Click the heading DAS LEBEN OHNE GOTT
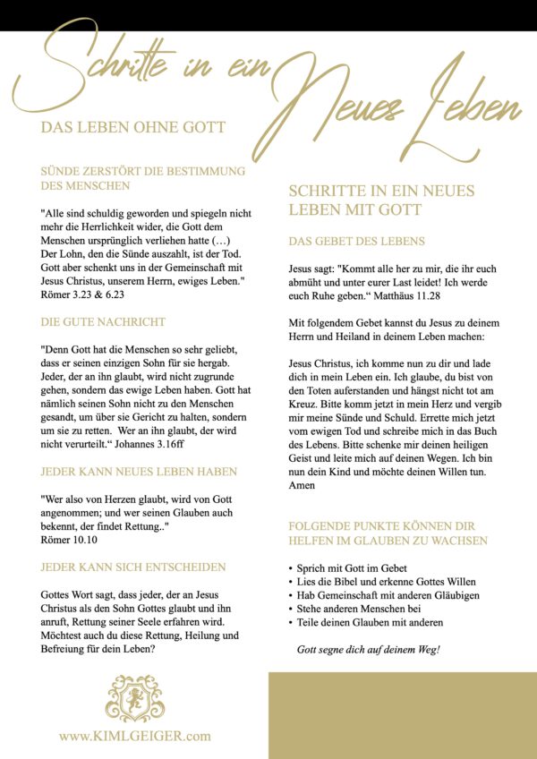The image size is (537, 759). (133, 128)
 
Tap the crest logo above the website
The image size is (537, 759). (135, 698)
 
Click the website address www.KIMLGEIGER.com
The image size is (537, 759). (135, 736)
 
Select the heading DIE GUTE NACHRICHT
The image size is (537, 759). (103, 321)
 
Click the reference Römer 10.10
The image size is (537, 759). (71, 541)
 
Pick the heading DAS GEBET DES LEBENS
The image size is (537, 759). (356, 242)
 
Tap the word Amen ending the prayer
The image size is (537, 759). (303, 484)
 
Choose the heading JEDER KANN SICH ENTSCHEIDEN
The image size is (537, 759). (133, 567)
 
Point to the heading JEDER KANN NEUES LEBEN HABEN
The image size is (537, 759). (139, 471)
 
